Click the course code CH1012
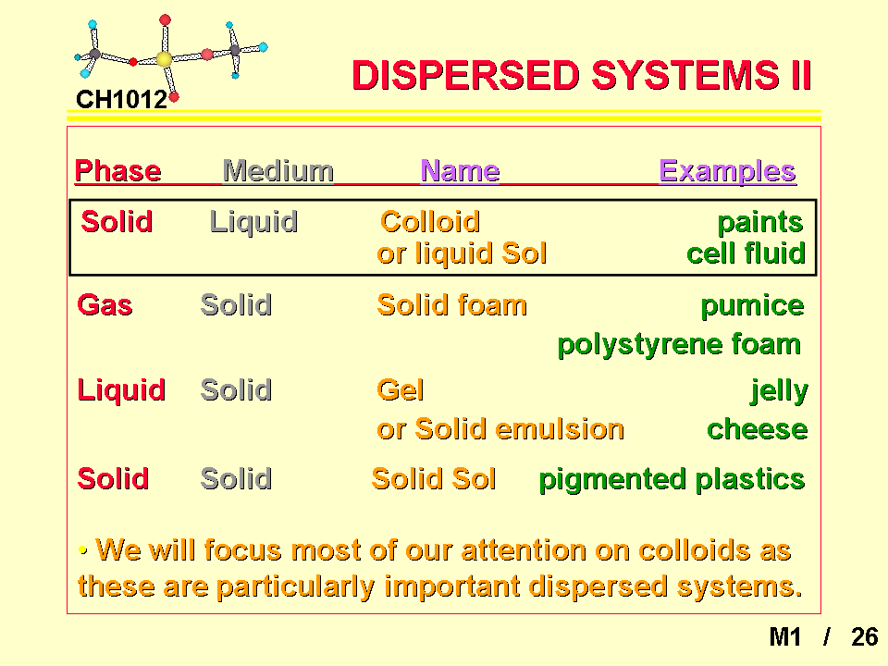click(x=121, y=100)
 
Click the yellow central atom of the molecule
click(x=165, y=59)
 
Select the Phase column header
click(x=117, y=170)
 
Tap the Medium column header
click(x=278, y=170)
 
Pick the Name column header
click(x=460, y=170)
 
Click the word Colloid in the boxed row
click(x=430, y=221)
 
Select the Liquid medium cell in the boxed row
click(x=253, y=222)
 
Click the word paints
click(x=760, y=223)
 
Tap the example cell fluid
click(x=746, y=253)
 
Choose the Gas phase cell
click(x=105, y=304)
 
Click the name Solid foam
click(x=452, y=304)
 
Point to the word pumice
click(x=752, y=306)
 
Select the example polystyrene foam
click(x=679, y=345)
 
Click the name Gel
click(x=401, y=389)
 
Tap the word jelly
click(x=779, y=391)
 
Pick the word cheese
click(x=758, y=429)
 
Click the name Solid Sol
click(x=434, y=478)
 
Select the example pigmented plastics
click(x=672, y=480)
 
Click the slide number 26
click(x=864, y=637)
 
